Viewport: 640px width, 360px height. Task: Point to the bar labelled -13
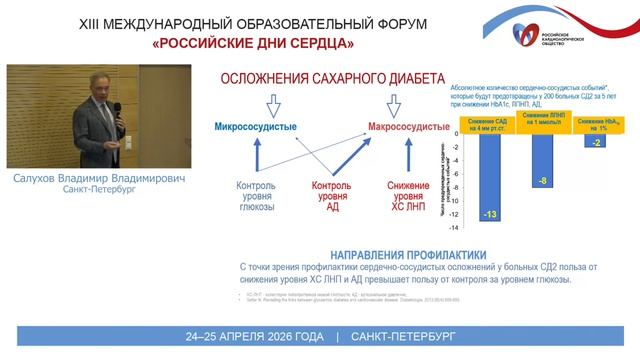tap(489, 180)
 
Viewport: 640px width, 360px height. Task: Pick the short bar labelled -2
tap(596, 142)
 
